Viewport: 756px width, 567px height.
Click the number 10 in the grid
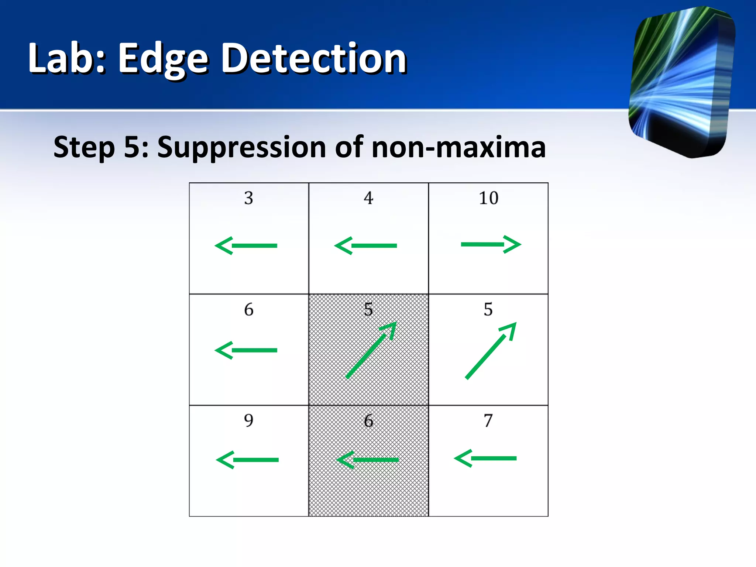click(x=488, y=198)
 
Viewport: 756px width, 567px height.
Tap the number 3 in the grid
click(x=248, y=198)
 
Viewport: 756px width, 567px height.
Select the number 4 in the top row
click(x=368, y=198)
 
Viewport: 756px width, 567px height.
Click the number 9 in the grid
click(x=248, y=420)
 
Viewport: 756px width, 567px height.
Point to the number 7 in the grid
click(x=488, y=420)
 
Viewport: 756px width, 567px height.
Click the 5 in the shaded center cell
click(x=368, y=309)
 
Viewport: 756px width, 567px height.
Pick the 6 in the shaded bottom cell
click(x=368, y=421)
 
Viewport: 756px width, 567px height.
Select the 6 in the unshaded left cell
click(x=248, y=309)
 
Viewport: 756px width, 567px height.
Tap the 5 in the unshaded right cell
click(x=488, y=309)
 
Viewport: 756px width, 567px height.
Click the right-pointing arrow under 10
click(x=491, y=244)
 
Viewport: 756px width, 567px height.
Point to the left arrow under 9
click(x=247, y=460)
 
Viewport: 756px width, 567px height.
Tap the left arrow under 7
click(x=485, y=458)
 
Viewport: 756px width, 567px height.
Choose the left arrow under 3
click(x=246, y=245)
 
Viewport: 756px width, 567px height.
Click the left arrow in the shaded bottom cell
click(x=368, y=460)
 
